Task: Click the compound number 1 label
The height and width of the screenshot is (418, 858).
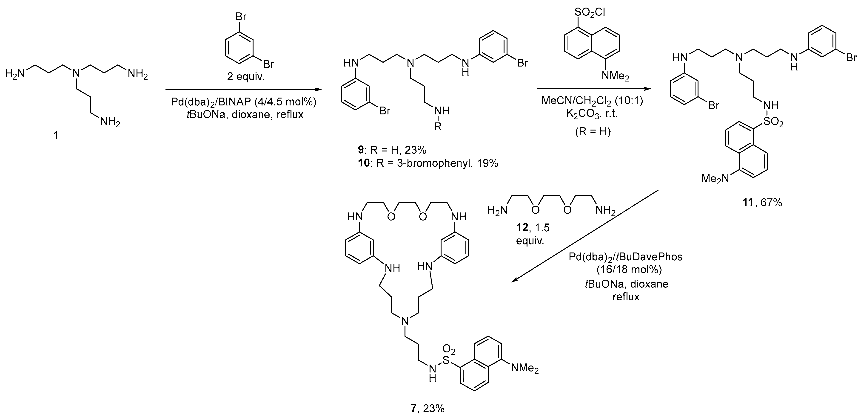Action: tap(56, 135)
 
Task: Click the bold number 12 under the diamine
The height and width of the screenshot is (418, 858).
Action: tap(522, 227)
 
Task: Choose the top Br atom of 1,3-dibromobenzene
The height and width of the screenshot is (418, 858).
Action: tap(241, 16)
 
